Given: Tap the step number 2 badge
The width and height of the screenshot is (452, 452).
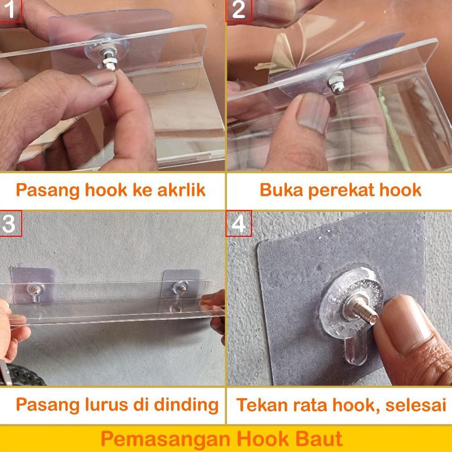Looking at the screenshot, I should pos(238,10).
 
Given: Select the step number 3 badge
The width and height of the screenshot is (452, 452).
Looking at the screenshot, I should pos(10,224).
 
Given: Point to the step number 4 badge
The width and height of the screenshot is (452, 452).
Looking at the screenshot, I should pos(239,224).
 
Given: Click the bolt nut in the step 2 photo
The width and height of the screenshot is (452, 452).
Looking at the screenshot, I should pos(336,84).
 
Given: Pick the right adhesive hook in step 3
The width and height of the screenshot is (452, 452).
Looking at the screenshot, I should pos(181,287).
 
